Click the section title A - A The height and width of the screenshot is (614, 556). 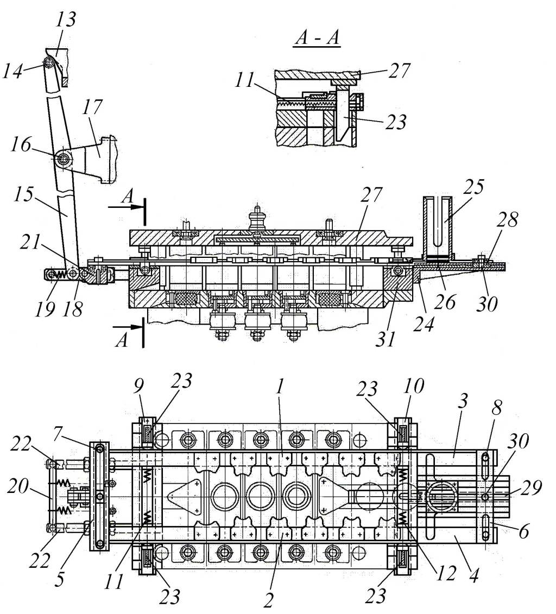(317, 39)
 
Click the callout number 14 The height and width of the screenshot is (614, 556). (12, 71)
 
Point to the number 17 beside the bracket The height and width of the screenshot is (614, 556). (93, 106)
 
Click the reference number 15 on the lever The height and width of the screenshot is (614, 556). (23, 193)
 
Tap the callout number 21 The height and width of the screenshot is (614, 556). (30, 243)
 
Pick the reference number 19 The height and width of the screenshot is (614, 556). (46, 309)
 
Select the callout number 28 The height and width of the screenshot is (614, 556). (508, 220)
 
